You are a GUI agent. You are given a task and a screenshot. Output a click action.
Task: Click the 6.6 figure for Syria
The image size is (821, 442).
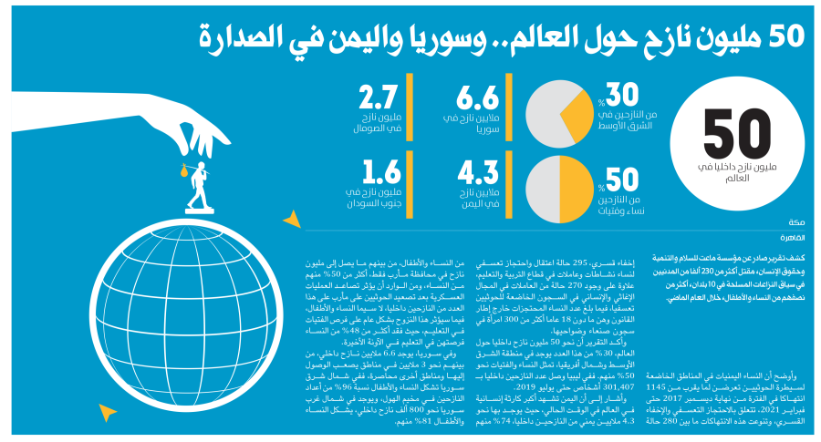point(476,97)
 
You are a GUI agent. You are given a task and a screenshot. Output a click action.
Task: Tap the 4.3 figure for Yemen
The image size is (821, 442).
point(476,172)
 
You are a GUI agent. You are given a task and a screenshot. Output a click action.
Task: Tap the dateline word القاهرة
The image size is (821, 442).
point(790,236)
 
